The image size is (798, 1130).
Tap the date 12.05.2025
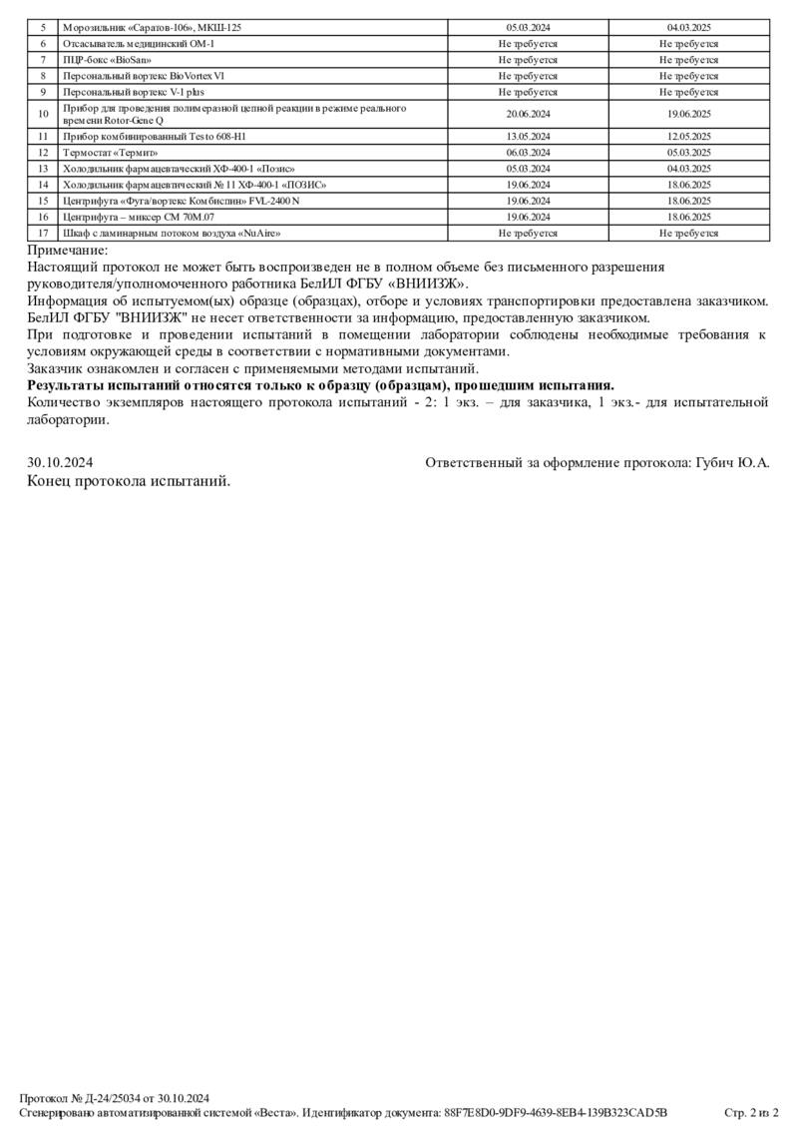[688, 136]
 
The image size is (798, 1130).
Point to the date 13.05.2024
[528, 136]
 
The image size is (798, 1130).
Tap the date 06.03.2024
[528, 153]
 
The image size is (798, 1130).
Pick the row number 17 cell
[43, 233]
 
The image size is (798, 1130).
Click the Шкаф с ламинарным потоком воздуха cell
[171, 233]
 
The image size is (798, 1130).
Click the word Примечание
[68, 252]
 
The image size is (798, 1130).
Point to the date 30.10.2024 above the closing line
[60, 463]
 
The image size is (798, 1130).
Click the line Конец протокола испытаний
[129, 481]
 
